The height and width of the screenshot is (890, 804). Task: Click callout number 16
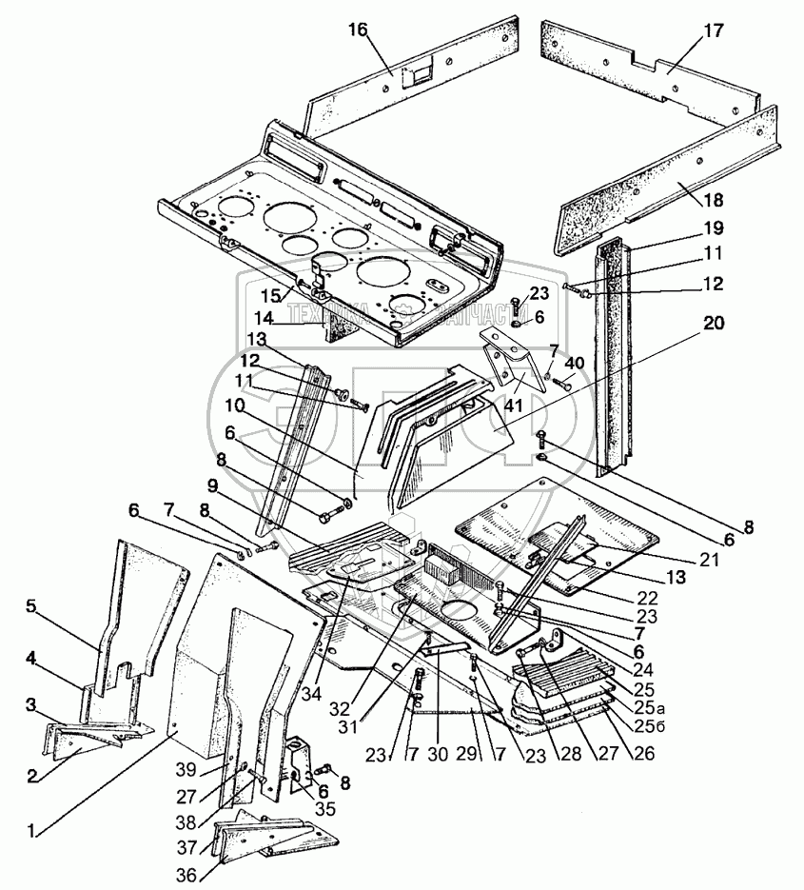[x=357, y=30]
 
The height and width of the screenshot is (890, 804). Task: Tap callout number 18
[x=715, y=199]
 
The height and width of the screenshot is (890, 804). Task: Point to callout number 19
[x=715, y=227]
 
